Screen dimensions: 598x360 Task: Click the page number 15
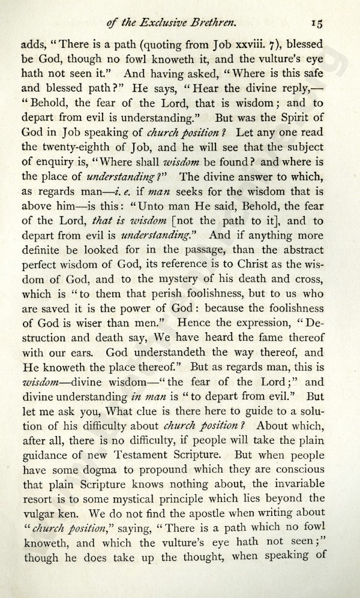click(317, 23)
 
